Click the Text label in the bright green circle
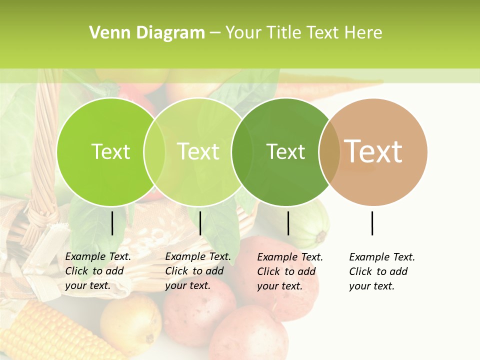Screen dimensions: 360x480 pyautogui.click(x=110, y=152)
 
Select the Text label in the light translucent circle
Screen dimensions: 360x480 pyautogui.click(x=198, y=152)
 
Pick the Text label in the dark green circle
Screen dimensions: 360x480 pyautogui.click(x=285, y=152)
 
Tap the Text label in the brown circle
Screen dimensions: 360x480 pyautogui.click(x=373, y=151)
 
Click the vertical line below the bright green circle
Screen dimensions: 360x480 pyautogui.click(x=112, y=223)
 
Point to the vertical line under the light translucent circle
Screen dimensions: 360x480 pyautogui.click(x=200, y=223)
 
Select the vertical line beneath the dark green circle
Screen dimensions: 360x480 pyautogui.click(x=288, y=223)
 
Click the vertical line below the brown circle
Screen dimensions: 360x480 pyautogui.click(x=372, y=223)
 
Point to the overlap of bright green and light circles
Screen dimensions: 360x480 pyautogui.click(x=154, y=152)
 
